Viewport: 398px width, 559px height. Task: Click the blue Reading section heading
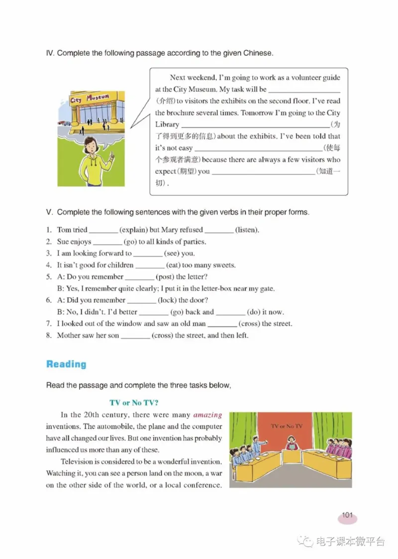tap(66, 364)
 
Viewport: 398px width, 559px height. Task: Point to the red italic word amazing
tap(207, 415)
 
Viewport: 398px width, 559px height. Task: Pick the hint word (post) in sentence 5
tap(168, 277)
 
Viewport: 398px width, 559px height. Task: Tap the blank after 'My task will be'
tap(303, 90)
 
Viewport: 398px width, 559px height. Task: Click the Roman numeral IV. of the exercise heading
tap(50, 53)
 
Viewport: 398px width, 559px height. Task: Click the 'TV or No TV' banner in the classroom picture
tap(287, 426)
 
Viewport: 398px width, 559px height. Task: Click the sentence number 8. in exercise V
tap(49, 336)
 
